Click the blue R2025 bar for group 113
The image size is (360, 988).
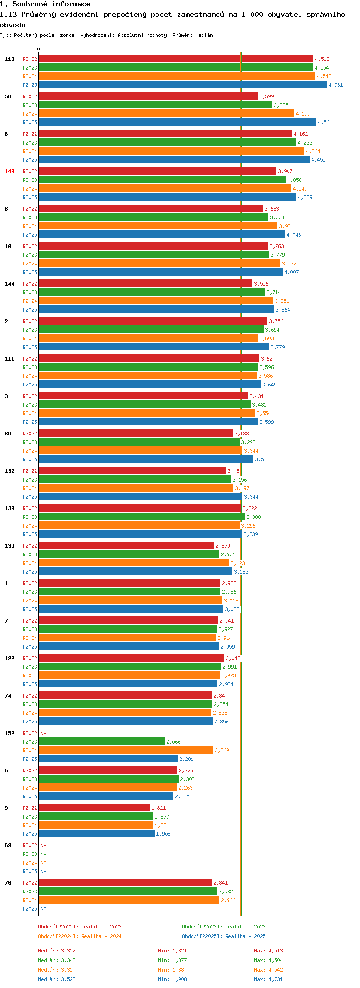[x=182, y=85]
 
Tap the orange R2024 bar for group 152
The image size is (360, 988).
[x=126, y=750]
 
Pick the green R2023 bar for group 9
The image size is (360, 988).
[x=96, y=817]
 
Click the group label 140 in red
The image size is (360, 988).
[x=10, y=171]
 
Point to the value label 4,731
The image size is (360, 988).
[x=336, y=85]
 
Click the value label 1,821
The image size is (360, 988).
[x=158, y=808]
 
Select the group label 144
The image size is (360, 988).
[x=10, y=284]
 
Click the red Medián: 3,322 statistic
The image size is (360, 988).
[x=57, y=951]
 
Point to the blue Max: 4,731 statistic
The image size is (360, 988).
[x=268, y=979]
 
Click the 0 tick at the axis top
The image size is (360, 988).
[x=39, y=49]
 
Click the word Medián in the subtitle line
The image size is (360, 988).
[x=204, y=35]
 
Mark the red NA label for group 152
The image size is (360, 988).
[x=43, y=733]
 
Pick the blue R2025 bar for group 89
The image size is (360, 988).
[x=146, y=459]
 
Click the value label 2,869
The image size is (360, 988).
[x=222, y=750]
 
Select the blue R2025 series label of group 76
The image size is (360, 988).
[x=30, y=909]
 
